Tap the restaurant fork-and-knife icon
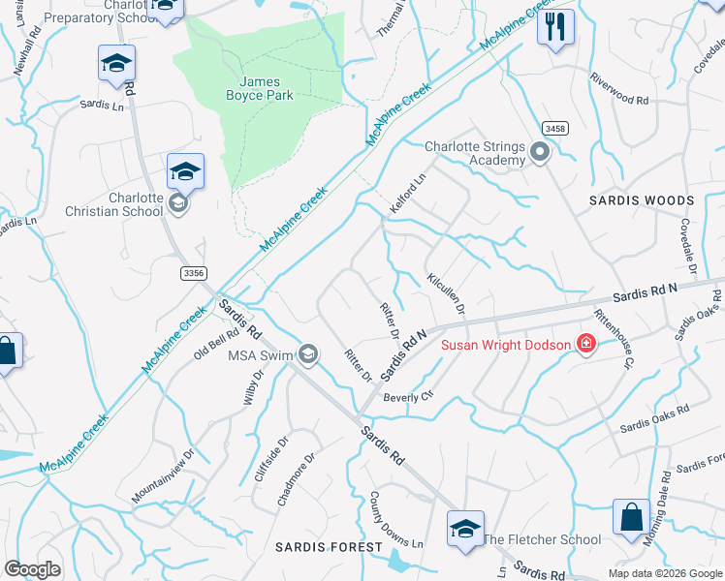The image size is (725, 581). click(555, 26)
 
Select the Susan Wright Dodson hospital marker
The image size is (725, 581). click(585, 345)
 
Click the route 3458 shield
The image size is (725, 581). click(555, 128)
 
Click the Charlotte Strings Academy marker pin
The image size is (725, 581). click(540, 153)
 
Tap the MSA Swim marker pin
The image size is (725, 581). click(308, 355)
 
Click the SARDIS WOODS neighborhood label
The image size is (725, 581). click(642, 200)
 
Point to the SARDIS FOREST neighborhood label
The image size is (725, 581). click(329, 547)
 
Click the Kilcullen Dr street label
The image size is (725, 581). click(447, 292)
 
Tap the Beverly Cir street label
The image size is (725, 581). click(406, 397)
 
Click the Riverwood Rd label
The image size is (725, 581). click(618, 100)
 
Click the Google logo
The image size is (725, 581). click(32, 569)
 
